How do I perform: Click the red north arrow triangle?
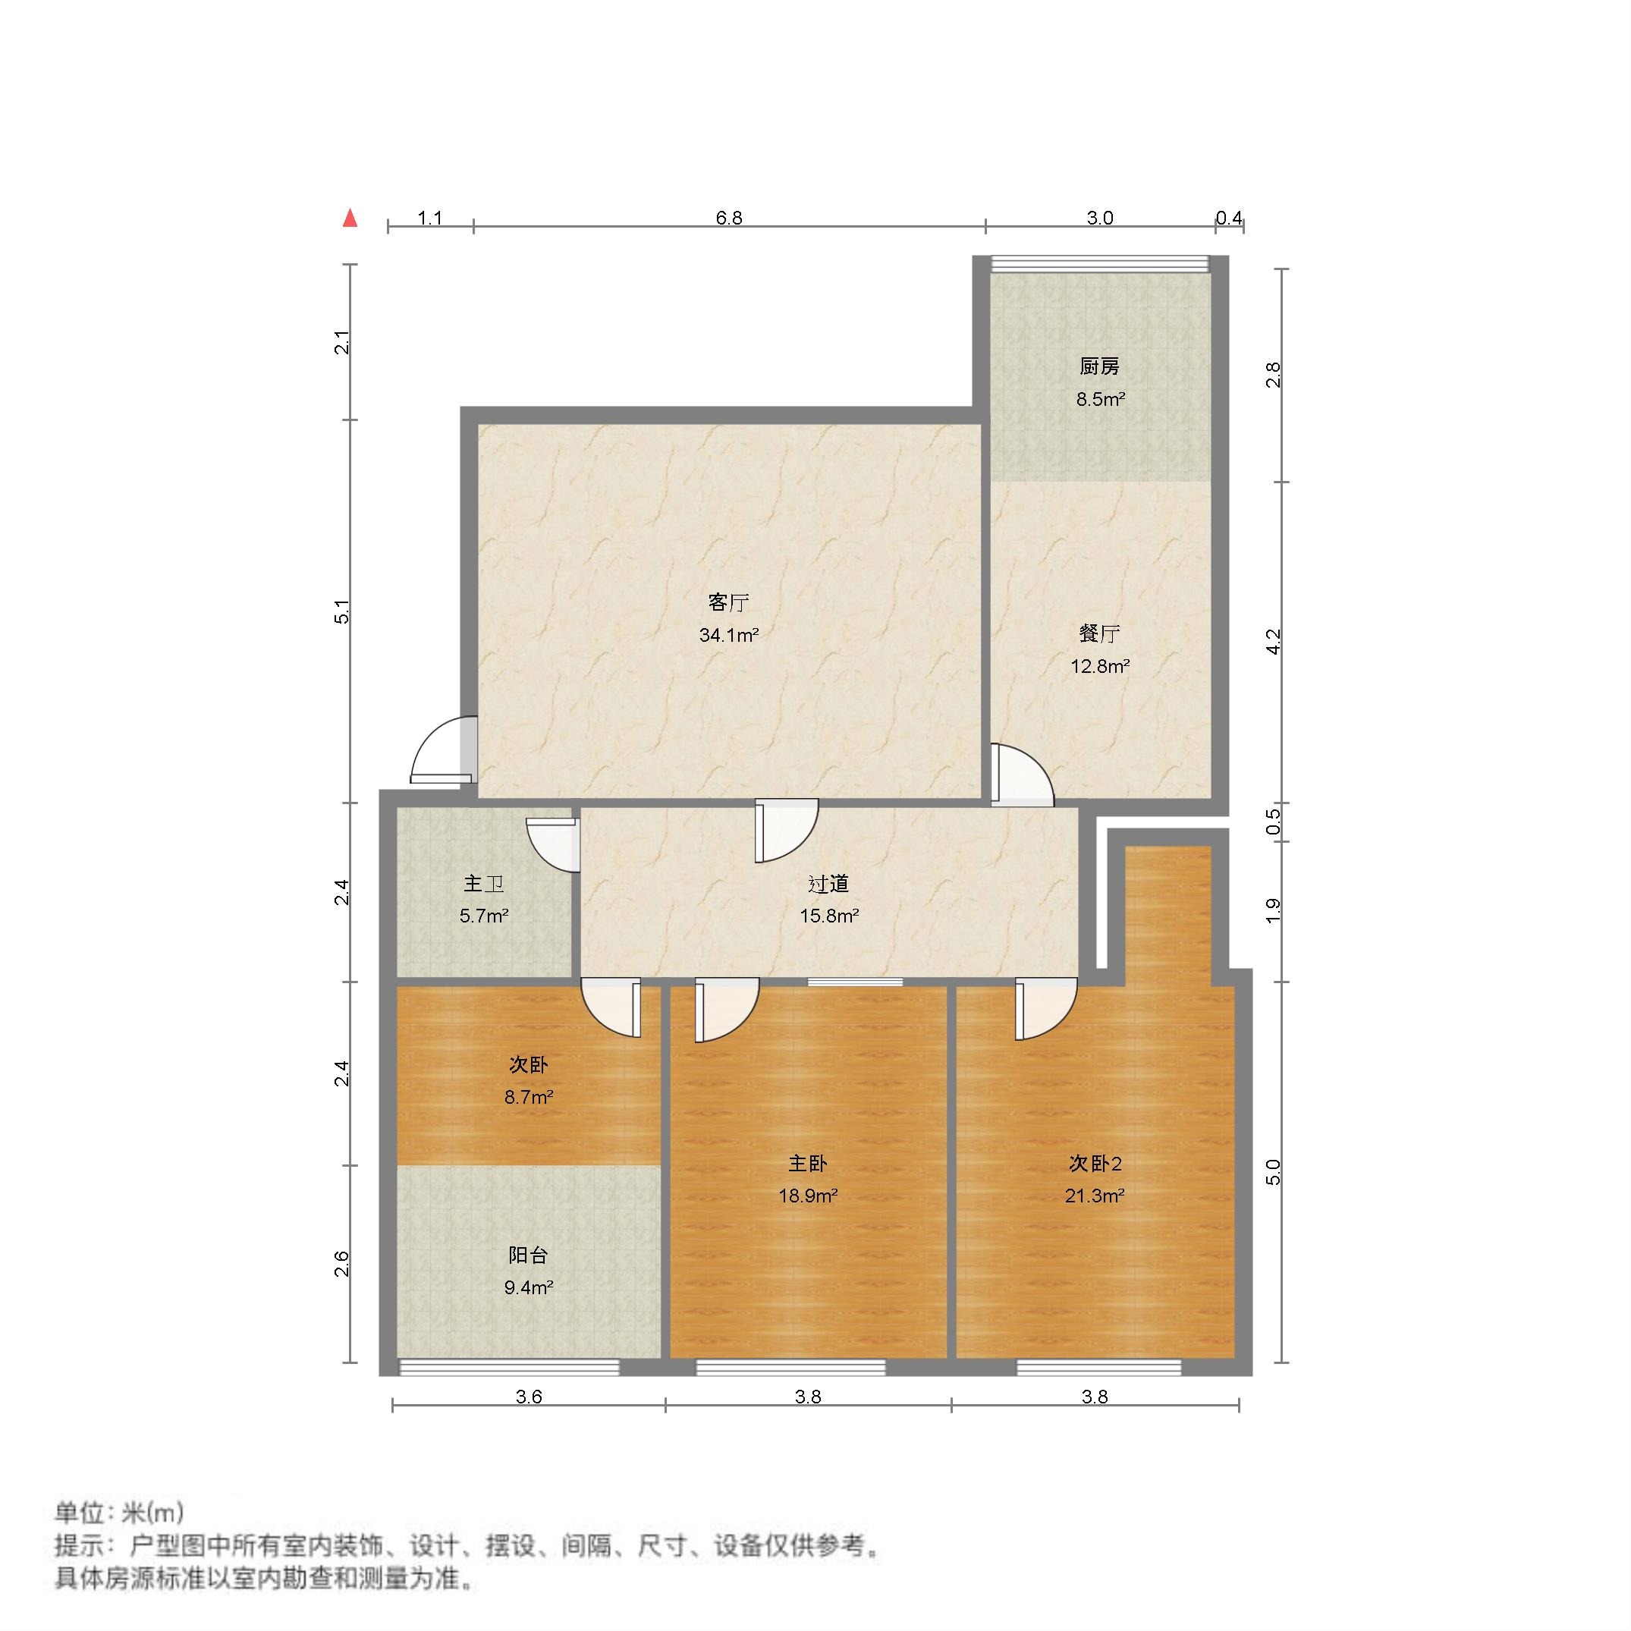point(350,218)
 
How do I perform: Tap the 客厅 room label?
point(728,602)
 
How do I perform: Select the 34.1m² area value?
point(728,635)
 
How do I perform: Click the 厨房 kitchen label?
point(1099,366)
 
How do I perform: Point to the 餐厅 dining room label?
point(1099,633)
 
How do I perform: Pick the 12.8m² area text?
point(1099,666)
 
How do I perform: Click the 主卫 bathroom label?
point(484,884)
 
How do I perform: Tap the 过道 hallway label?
point(828,884)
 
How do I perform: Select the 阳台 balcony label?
point(529,1255)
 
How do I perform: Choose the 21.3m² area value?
point(1095,1196)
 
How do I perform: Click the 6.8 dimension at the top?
point(728,218)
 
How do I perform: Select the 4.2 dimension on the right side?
point(1274,642)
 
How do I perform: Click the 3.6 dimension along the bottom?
point(529,1397)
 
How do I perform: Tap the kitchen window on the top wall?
point(1099,264)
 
